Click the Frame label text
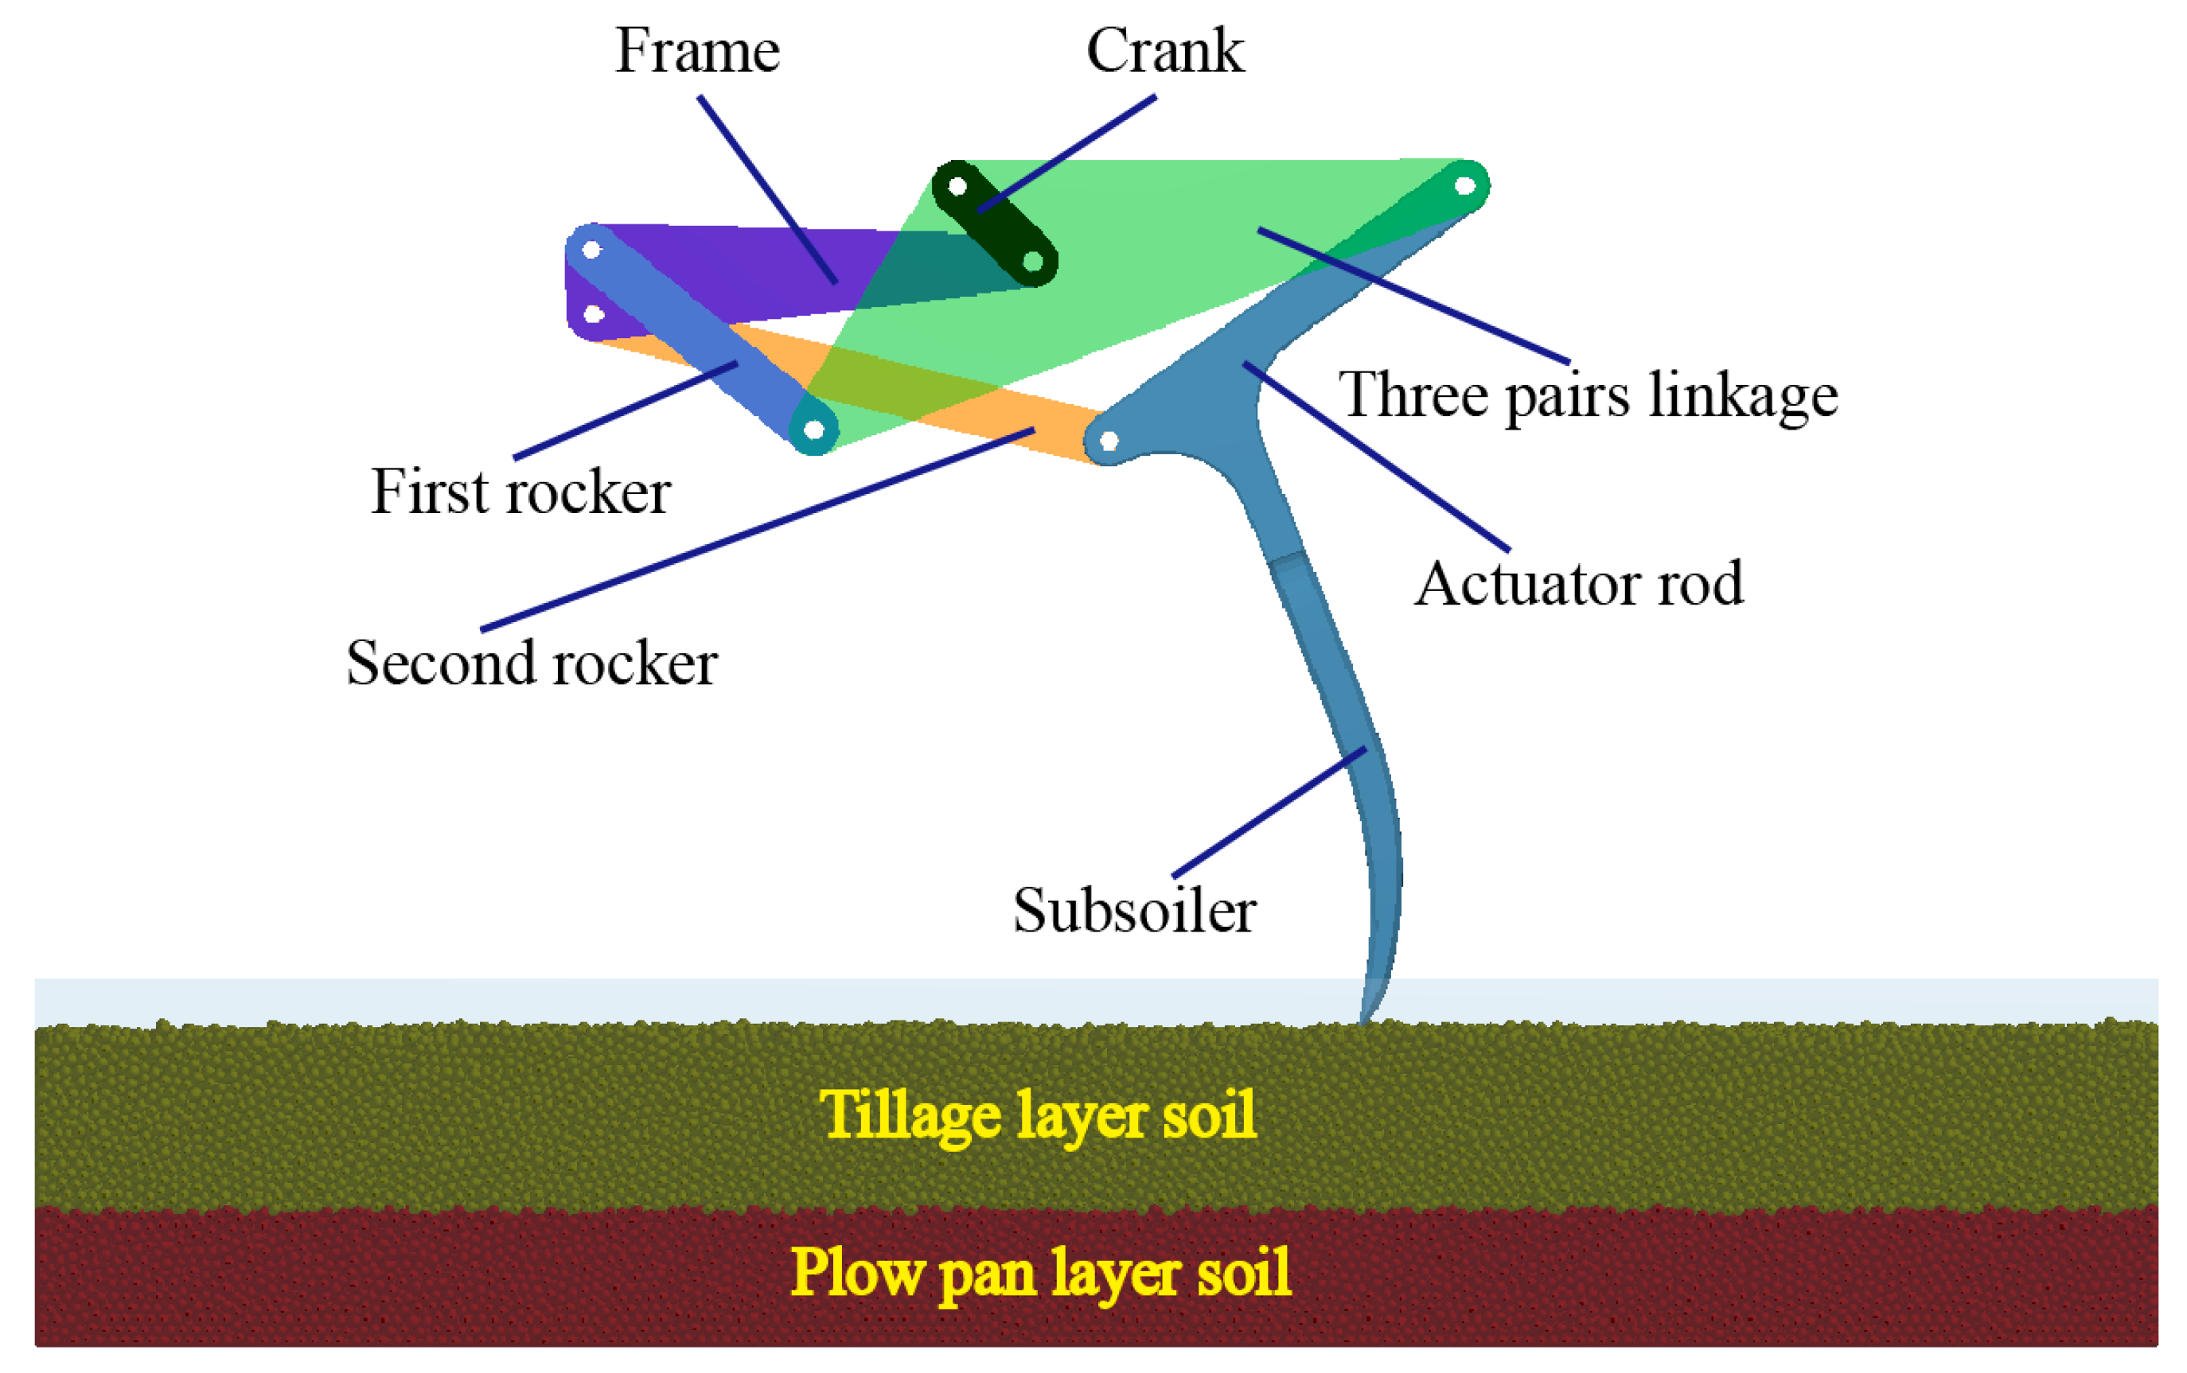click(x=696, y=51)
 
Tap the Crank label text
click(x=1164, y=51)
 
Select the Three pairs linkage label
click(x=1588, y=396)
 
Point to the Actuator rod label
click(x=1578, y=584)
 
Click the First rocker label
click(x=520, y=492)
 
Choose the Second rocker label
click(x=532, y=663)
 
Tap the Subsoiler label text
click(x=1133, y=911)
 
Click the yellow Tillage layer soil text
click(x=1037, y=1115)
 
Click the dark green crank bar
click(x=995, y=224)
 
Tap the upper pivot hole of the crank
click(x=957, y=187)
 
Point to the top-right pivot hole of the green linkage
click(x=1464, y=186)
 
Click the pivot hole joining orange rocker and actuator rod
click(x=1109, y=442)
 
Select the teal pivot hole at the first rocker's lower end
click(x=814, y=430)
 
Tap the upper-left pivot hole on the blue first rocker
click(x=591, y=250)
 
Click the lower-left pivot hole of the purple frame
click(x=593, y=315)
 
